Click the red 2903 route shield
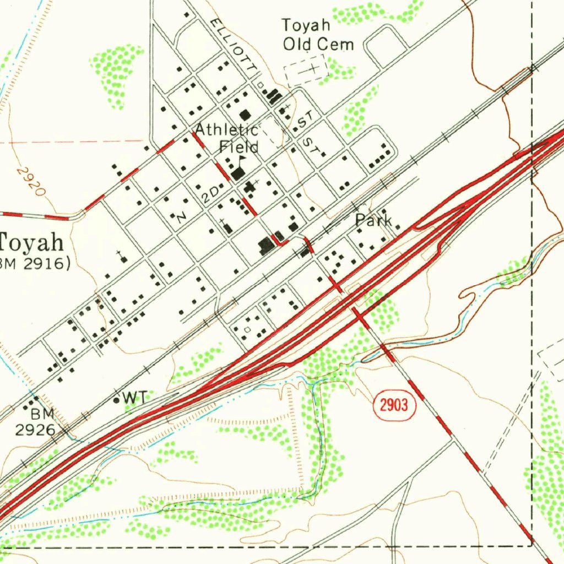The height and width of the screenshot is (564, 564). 394,406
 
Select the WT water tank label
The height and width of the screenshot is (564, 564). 135,397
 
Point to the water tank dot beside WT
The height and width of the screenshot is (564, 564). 116,400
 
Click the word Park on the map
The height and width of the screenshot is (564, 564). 373,221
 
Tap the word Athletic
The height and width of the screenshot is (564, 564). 226,130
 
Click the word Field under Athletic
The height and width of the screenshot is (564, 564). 238,147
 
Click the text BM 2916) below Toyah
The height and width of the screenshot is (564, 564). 35,264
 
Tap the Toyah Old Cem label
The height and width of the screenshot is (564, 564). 318,34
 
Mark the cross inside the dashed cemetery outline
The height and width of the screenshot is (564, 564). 312,68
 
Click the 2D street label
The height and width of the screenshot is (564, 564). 210,195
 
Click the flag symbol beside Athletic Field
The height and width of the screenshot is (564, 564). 242,159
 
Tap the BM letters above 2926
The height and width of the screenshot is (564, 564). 42,413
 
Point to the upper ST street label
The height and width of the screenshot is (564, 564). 306,117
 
